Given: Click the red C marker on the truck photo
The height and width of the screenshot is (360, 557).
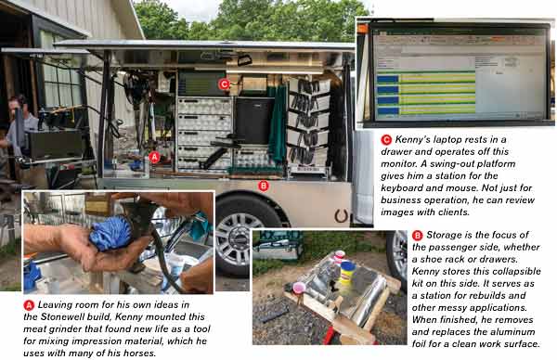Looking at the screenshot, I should click(224, 84).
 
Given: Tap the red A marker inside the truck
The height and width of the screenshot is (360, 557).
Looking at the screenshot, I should click(154, 157).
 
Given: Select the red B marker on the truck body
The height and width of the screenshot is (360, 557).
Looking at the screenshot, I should click(263, 186).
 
